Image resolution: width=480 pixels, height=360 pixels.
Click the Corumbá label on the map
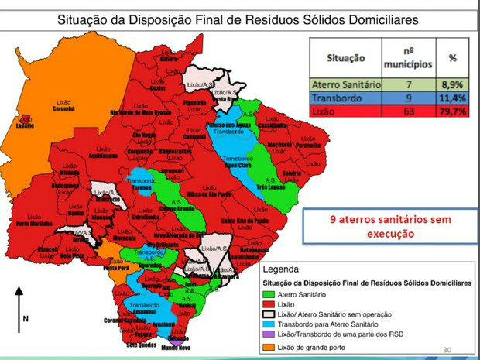pos(64,109)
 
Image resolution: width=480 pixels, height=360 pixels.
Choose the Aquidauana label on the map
pos(102,155)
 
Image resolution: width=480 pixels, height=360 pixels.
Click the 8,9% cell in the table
pos(452,84)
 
